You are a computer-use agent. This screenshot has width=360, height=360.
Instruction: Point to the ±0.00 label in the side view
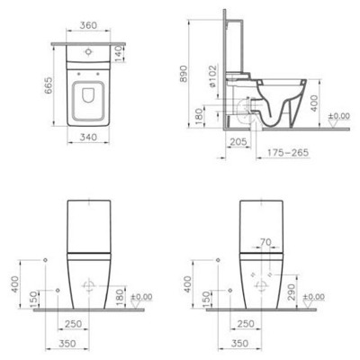[x=338, y=117]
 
